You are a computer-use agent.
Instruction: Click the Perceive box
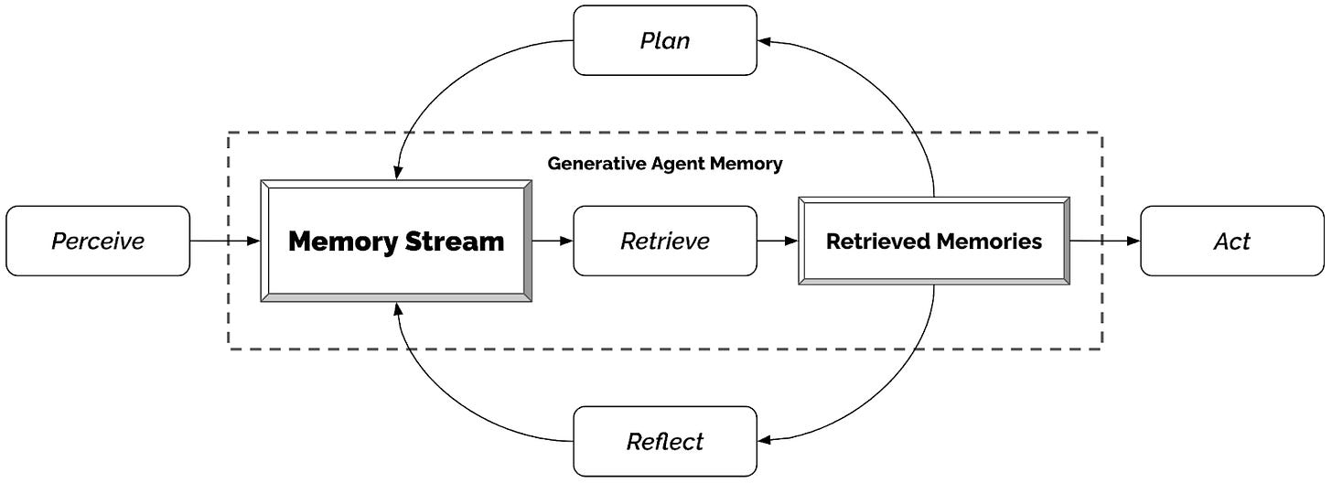[x=98, y=241]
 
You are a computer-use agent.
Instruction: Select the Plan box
[x=665, y=40]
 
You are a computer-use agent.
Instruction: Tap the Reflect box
[x=665, y=441]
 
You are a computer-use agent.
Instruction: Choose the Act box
[x=1231, y=241]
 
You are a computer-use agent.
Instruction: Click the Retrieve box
[x=665, y=241]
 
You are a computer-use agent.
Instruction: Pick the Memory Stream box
[x=396, y=241]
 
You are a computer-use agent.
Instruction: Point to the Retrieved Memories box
[x=933, y=241]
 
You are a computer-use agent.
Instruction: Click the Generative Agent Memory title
[x=665, y=164]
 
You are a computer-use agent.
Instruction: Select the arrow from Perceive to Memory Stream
[x=225, y=241]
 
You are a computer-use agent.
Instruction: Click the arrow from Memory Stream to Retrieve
[x=553, y=241]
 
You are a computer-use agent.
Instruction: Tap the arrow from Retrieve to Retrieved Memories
[x=778, y=241]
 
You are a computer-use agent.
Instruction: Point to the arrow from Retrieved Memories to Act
[x=1105, y=241]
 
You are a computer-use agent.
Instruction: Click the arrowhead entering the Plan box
[x=765, y=41]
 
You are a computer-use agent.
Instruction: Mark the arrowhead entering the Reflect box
[x=765, y=441]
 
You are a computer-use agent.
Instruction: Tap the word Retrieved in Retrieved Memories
[x=879, y=241]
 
